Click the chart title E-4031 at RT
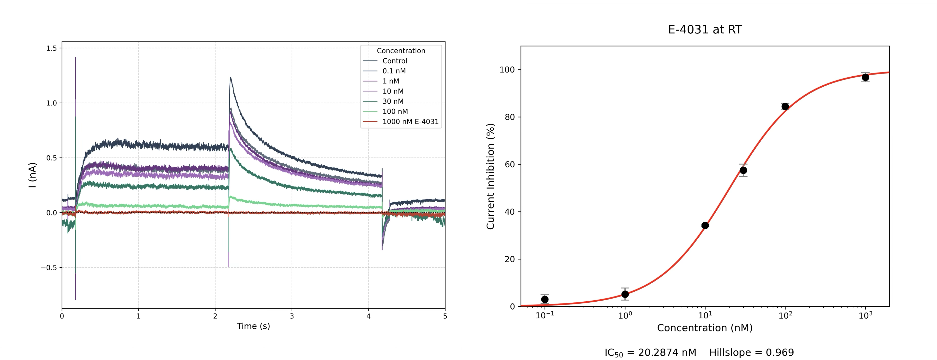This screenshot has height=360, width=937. click(705, 30)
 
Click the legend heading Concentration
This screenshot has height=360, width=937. click(401, 51)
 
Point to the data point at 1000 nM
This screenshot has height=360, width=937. click(865, 77)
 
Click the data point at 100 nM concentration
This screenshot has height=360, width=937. click(785, 106)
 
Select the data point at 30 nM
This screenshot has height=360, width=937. click(743, 170)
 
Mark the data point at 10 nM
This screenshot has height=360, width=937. click(705, 226)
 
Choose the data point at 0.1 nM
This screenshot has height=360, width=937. click(545, 299)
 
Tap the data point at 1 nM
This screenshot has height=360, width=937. click(625, 294)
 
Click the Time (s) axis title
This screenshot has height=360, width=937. click(253, 326)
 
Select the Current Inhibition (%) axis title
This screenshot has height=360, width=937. click(491, 176)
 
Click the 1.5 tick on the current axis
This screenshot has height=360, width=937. click(52, 48)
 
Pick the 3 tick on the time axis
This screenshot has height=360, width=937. click(292, 316)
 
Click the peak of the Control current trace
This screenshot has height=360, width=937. click(230, 77)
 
